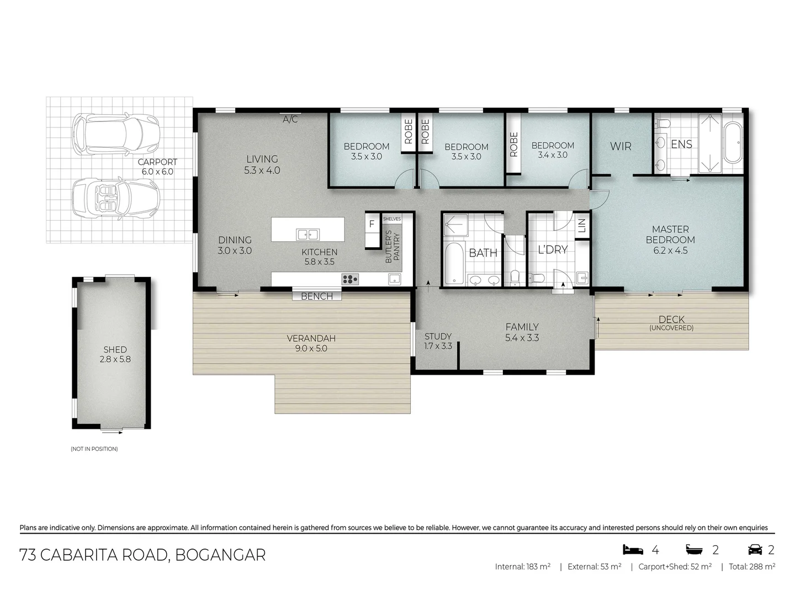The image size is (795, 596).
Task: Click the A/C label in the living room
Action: (290, 119)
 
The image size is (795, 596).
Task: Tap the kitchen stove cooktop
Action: (350, 279)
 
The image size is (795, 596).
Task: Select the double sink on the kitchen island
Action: (308, 235)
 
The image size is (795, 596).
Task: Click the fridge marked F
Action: (372, 224)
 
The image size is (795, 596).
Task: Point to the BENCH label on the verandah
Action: (317, 296)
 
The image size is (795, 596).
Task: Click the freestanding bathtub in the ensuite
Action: (733, 143)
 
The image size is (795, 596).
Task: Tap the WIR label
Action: (621, 146)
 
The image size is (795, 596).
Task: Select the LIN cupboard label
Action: (581, 225)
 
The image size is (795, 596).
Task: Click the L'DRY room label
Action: (553, 249)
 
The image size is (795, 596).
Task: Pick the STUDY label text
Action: (438, 336)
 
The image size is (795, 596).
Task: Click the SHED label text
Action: (115, 349)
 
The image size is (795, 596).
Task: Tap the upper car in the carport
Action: (116, 134)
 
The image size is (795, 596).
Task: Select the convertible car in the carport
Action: (116, 198)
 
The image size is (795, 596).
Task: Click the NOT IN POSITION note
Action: (94, 449)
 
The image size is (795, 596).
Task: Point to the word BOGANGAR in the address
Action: (220, 555)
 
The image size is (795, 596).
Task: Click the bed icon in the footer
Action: (633, 550)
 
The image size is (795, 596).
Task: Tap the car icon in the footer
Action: (755, 550)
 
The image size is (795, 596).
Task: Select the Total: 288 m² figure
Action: (751, 566)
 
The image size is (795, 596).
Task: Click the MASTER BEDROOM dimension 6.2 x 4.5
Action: (670, 250)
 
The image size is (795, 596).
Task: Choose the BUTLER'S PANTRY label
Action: (392, 246)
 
